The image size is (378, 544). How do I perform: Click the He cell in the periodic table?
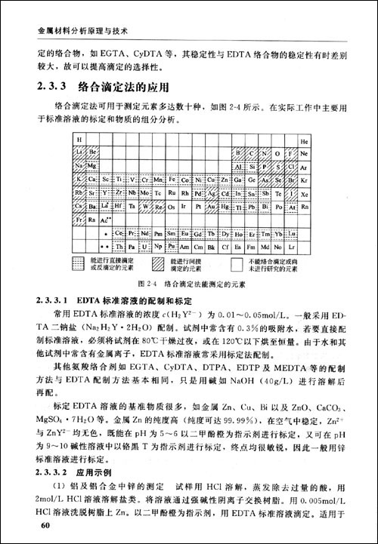tap(305, 140)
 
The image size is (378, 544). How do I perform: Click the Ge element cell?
tap(253, 179)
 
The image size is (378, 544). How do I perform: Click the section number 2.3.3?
tap(54, 86)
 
